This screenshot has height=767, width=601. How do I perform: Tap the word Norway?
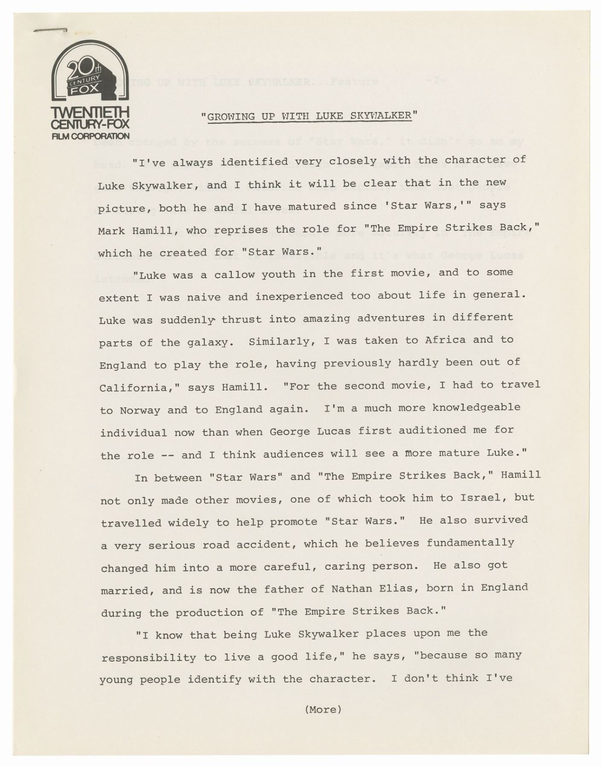tap(140, 410)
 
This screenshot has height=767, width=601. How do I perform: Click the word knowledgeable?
tap(476, 407)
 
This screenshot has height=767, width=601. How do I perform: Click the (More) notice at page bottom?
tap(323, 709)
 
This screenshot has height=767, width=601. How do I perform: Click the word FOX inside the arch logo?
tap(84, 90)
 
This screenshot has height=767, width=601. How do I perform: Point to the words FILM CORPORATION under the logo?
tap(90, 136)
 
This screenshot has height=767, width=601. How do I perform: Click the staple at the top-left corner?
tap(50, 30)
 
